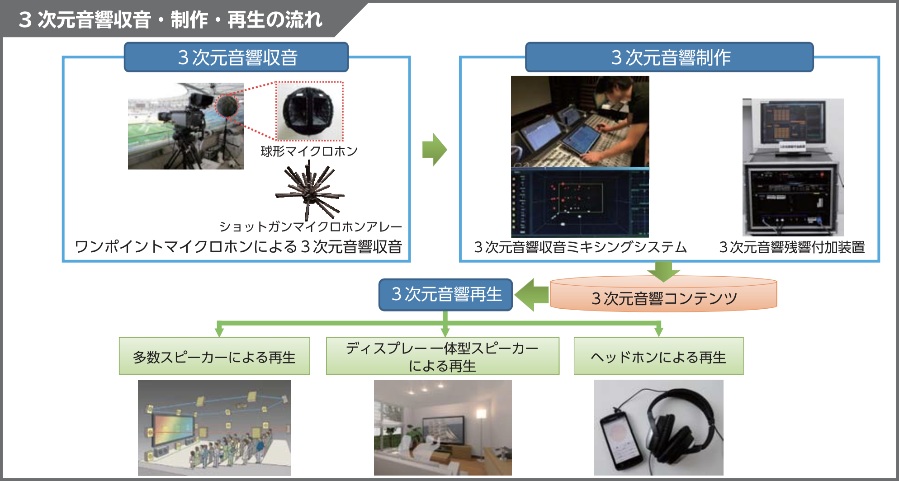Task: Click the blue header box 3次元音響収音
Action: [x=236, y=57]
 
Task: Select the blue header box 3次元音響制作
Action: [x=669, y=57]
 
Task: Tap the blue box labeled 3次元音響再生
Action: [x=446, y=295]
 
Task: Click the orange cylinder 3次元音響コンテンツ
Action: [x=663, y=297]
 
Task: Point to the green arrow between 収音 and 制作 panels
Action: [x=434, y=150]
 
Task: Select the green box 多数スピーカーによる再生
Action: [x=214, y=357]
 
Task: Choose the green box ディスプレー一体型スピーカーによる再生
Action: [x=442, y=356]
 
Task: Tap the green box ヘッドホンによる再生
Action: [x=658, y=357]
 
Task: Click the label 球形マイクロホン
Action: [x=309, y=151]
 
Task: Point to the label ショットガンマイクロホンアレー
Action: [x=310, y=226]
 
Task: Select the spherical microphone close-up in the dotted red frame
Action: [x=309, y=111]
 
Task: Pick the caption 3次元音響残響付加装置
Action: [x=792, y=247]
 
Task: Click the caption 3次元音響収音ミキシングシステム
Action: [x=580, y=247]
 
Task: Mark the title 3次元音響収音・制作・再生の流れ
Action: [x=170, y=20]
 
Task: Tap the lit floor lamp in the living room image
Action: [x=481, y=414]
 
